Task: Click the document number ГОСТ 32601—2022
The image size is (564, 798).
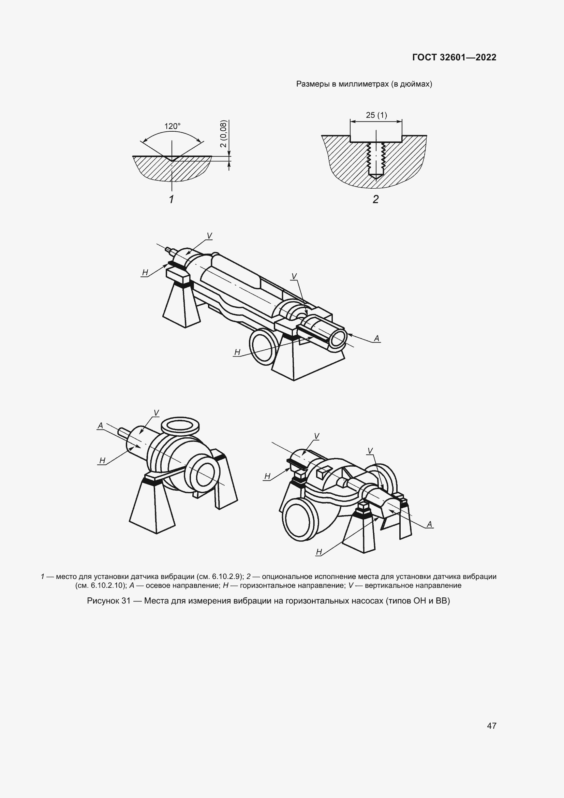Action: click(x=454, y=57)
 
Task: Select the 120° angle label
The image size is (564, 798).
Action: click(x=172, y=126)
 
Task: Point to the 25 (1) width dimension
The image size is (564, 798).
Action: click(x=376, y=115)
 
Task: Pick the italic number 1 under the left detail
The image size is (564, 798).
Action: click(x=171, y=199)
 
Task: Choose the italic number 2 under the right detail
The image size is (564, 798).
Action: click(x=375, y=199)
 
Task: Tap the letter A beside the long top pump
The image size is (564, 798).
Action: click(x=377, y=338)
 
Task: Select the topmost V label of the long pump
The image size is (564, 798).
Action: click(x=209, y=236)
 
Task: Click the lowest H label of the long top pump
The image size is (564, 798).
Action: click(x=238, y=352)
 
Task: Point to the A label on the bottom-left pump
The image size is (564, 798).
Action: click(x=100, y=426)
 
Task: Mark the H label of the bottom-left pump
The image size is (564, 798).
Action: click(x=102, y=461)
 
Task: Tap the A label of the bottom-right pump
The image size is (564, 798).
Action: click(x=429, y=524)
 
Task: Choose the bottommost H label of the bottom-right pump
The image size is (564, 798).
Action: click(x=319, y=552)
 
